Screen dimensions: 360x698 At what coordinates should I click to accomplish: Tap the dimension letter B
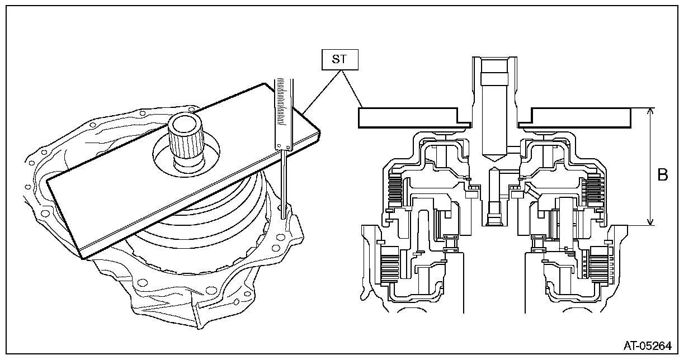coord(663,175)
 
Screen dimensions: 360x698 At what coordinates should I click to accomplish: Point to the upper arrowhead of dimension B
coord(650,111)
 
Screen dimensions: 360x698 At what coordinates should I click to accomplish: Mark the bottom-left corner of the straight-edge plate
coord(83,258)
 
